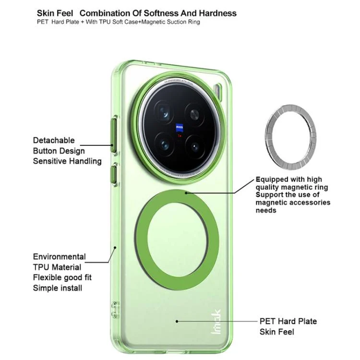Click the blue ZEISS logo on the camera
pos(180,128)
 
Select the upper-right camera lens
pos(195,114)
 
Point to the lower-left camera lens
pos(165,144)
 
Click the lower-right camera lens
pos(195,147)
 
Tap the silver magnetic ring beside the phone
pos(291,137)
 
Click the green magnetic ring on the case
pos(177,240)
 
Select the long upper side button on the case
pos(114,135)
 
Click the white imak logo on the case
pos(216,322)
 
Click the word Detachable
pos(54,140)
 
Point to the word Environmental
pos(60,256)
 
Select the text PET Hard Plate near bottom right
pos(288,321)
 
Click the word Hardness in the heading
pos(217,13)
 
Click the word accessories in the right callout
pos(312,202)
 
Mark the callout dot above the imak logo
pos(177,321)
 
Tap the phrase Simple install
pos(58,288)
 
